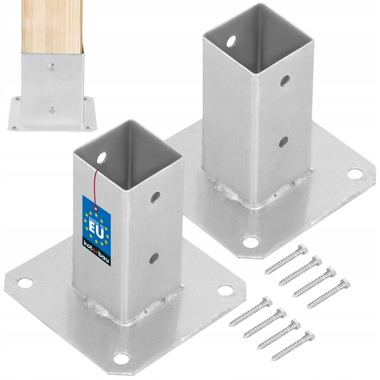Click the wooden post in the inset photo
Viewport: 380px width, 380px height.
coord(52,25)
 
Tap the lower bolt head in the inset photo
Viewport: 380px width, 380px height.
coord(52,109)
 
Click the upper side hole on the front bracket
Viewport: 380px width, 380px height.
coord(156,197)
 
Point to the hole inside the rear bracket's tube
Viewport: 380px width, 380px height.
coord(232,41)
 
